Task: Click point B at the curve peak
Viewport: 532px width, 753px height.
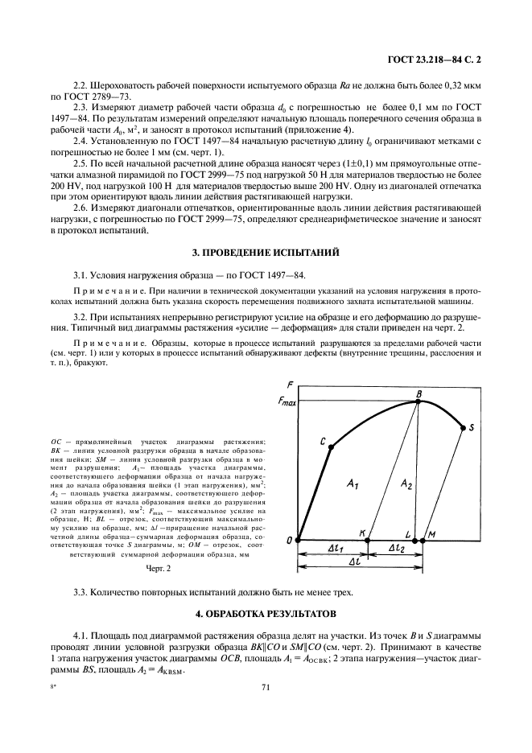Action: [x=419, y=401]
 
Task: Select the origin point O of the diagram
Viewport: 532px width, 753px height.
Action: [x=299, y=540]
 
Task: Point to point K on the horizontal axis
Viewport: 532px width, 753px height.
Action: [x=367, y=540]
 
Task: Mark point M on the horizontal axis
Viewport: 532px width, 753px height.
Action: [x=423, y=540]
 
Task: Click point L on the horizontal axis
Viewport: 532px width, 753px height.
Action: [x=414, y=540]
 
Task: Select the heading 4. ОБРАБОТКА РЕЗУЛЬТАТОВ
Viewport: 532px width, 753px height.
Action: [x=266, y=613]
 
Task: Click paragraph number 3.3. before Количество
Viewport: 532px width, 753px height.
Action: [x=83, y=593]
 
